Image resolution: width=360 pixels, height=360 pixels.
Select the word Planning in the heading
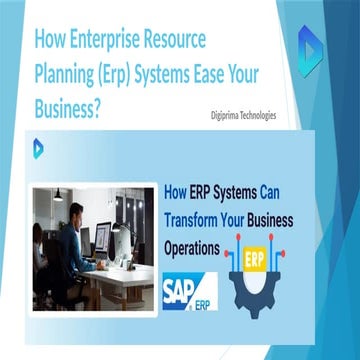(x=72, y=74)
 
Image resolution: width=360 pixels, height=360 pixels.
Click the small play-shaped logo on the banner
(x=38, y=147)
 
